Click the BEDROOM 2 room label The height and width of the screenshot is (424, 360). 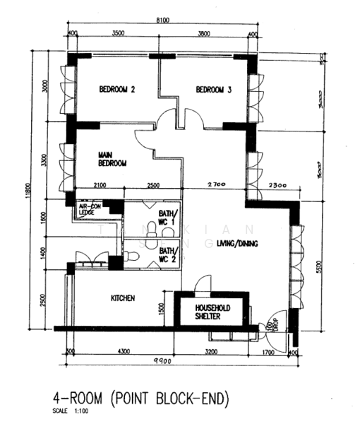[117, 90]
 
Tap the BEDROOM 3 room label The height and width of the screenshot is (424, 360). [213, 90]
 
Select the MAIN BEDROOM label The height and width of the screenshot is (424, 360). [112, 159]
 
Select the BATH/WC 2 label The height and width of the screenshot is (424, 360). [167, 254]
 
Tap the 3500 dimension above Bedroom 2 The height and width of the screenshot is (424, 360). [119, 33]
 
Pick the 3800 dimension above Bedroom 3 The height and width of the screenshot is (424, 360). [205, 33]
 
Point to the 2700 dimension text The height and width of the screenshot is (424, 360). [215, 185]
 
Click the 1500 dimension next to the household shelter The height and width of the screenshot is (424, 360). [162, 308]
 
